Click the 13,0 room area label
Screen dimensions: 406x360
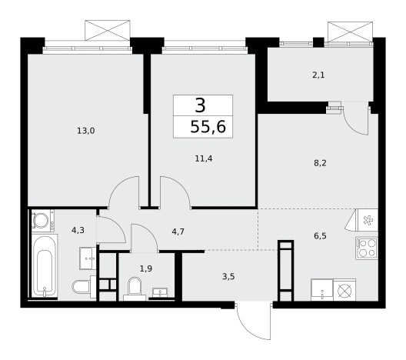[x=86, y=131]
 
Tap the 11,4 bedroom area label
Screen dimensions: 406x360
[x=204, y=158]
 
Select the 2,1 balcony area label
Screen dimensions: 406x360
[x=318, y=75]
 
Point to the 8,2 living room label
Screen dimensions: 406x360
[x=320, y=163]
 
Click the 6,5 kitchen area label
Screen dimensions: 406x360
[x=320, y=236]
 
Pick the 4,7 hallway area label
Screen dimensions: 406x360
[x=178, y=232]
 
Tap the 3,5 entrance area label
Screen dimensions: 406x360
[x=228, y=277]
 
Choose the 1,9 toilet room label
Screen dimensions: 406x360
[x=146, y=268]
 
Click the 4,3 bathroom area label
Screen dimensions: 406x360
[x=78, y=230]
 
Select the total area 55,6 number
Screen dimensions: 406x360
[x=208, y=127]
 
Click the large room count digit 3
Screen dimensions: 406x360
[x=200, y=105]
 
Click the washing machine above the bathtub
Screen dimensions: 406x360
[x=43, y=220]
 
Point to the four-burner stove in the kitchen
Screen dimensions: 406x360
[x=367, y=248]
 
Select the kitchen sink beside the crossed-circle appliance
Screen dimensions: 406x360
[x=322, y=290]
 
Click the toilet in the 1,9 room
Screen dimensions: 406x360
[x=135, y=288]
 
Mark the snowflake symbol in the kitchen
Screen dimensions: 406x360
[x=368, y=221]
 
